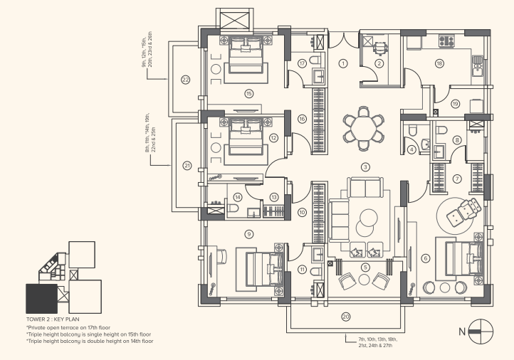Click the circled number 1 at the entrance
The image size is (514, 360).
[x=343, y=63]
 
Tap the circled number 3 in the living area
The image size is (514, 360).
[x=364, y=167]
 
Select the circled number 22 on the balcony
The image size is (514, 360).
[x=186, y=80]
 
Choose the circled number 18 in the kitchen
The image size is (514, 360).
[x=439, y=63]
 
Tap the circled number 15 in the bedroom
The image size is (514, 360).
[x=248, y=92]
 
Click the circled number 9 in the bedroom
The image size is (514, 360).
[x=248, y=233]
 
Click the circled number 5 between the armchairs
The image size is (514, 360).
[x=364, y=267]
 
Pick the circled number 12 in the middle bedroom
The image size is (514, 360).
[x=273, y=138]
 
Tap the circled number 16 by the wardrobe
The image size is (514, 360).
[x=302, y=119]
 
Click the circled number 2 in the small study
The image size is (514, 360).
[x=379, y=63]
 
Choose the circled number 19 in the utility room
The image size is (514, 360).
[x=456, y=103]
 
